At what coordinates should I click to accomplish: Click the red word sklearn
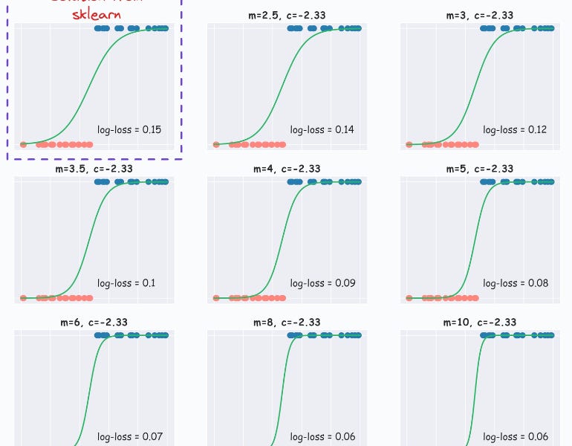[x=95, y=13]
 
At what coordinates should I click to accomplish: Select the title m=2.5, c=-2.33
[x=287, y=15]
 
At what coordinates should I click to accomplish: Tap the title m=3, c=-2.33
[x=480, y=15]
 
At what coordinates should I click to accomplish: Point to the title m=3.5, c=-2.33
[x=94, y=169]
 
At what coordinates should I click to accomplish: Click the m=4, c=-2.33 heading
[x=287, y=169]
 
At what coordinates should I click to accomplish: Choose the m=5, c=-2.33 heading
[x=480, y=169]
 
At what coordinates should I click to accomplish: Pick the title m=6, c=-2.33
[x=94, y=322]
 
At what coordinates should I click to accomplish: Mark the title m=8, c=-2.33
[x=287, y=322]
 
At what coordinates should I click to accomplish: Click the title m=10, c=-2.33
[x=480, y=322]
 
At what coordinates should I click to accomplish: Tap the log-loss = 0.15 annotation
[x=129, y=129]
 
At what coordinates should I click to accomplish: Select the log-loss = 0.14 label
[x=322, y=129]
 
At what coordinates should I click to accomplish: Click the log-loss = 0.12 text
[x=515, y=129]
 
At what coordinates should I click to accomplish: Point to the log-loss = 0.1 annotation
[x=126, y=283]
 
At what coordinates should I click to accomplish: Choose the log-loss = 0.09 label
[x=322, y=283]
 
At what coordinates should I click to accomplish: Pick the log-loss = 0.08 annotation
[x=515, y=283]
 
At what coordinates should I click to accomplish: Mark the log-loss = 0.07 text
[x=129, y=436]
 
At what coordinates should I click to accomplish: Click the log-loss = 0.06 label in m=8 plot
[x=322, y=436]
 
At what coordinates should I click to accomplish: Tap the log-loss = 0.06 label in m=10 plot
[x=515, y=436]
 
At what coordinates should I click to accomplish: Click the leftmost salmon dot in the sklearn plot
[x=23, y=144]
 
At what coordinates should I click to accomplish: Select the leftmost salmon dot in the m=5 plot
[x=409, y=298]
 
